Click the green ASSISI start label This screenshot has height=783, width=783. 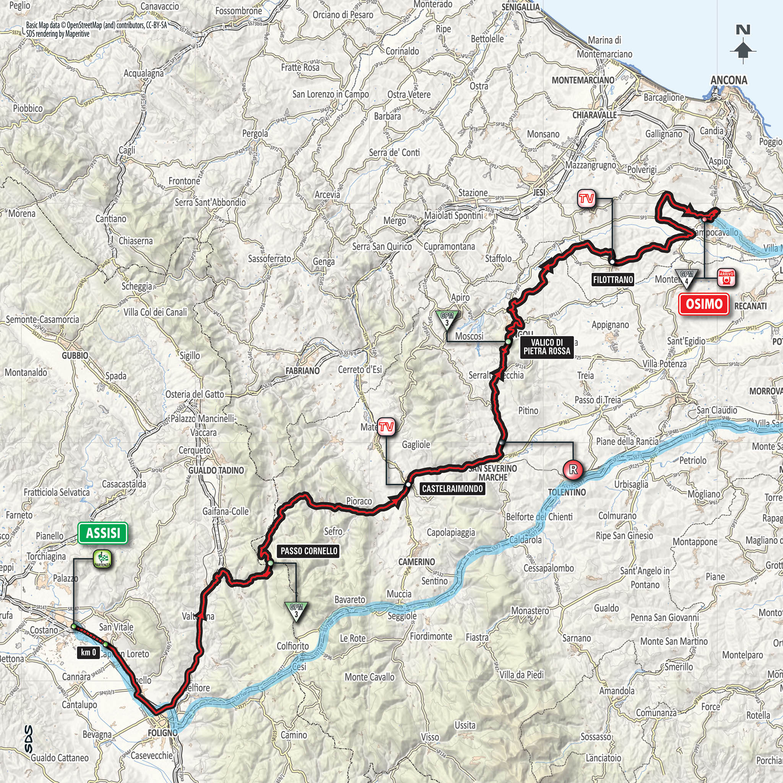point(103,533)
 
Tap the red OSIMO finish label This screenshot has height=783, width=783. point(704,304)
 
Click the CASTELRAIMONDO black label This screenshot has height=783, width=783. point(452,488)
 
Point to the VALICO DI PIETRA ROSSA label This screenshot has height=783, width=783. point(547,346)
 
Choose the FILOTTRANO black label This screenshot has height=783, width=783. point(613,279)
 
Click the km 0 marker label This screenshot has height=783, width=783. point(88,652)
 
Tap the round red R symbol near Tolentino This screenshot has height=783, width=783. point(573,470)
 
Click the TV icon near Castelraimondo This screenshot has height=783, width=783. point(386,427)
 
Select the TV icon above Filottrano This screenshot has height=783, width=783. point(586,198)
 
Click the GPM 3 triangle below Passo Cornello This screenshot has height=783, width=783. point(297,611)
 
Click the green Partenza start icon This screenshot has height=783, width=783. point(102,558)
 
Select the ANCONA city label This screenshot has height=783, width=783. point(729,80)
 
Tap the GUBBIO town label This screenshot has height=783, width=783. point(75,355)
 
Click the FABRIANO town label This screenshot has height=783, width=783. point(302,370)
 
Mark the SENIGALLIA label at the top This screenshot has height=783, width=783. point(520,7)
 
